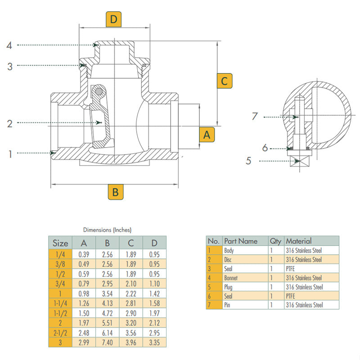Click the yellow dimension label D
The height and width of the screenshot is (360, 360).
pos(114,19)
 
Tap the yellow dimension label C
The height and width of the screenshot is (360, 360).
pos(225,81)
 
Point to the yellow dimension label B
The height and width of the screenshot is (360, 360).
pos(115,192)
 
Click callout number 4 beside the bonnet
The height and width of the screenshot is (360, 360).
pos(9,45)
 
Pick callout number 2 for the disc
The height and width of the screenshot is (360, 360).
pos(9,123)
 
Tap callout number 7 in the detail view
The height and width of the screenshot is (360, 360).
pos(255,117)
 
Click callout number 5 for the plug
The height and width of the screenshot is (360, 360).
pos(248,161)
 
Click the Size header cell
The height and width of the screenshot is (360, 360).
pos(60,243)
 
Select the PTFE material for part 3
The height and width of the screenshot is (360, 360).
pos(291,269)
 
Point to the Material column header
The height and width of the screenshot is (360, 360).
pos(298,241)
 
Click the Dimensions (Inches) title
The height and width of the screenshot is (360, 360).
pos(107,229)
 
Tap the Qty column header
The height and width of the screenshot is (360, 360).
pos(275,241)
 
